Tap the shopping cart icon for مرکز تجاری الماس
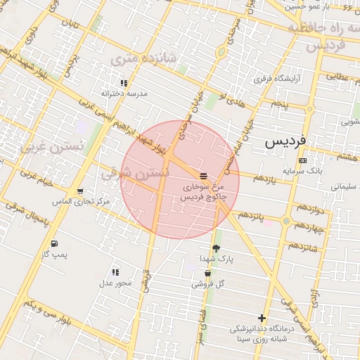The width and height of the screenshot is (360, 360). (x=80, y=191)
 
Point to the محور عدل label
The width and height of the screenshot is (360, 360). (x=115, y=283)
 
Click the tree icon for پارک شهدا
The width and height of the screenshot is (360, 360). (x=216, y=248)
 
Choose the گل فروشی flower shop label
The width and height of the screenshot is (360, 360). (x=207, y=284)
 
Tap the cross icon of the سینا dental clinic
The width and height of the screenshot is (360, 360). (x=262, y=319)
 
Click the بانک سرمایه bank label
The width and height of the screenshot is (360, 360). (x=302, y=170)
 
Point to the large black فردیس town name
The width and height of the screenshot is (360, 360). (x=285, y=141)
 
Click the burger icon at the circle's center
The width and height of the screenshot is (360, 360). (x=202, y=175)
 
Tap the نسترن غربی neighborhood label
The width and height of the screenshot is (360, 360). (x=52, y=148)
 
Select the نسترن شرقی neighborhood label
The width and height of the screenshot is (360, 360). (x=135, y=171)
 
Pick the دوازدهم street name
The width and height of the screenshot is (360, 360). (x=309, y=209)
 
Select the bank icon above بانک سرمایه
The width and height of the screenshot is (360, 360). (x=302, y=160)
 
